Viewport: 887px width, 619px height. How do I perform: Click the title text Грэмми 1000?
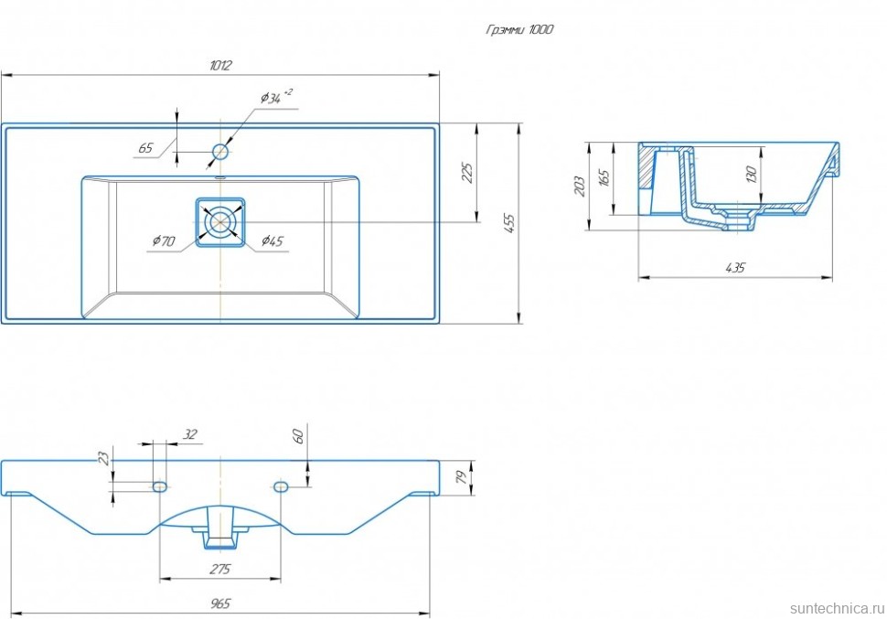coord(519,29)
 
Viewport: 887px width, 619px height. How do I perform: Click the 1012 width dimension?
coord(219,65)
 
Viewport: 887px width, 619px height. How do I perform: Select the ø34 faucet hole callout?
coord(275,97)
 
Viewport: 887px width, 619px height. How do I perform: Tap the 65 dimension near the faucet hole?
coord(145,147)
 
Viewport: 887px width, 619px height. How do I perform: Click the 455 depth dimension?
coord(510,222)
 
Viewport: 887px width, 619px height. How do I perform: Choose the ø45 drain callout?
coord(273,241)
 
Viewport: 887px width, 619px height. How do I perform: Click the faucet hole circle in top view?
coord(220,151)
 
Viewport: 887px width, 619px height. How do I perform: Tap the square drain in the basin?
coord(220,222)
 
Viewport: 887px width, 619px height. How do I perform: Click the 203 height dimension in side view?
coord(580,187)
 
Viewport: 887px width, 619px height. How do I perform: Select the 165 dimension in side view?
coord(604,177)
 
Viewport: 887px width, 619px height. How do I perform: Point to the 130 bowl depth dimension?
coord(752,174)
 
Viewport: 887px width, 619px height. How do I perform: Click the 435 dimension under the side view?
coord(735,268)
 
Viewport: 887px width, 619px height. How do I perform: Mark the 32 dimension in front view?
coord(189,434)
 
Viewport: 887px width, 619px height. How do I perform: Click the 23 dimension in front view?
coord(103,458)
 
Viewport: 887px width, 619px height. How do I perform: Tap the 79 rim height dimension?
coord(462,476)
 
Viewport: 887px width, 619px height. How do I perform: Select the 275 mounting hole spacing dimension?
coord(219,570)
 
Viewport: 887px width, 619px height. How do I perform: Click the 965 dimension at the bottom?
coord(219,603)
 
